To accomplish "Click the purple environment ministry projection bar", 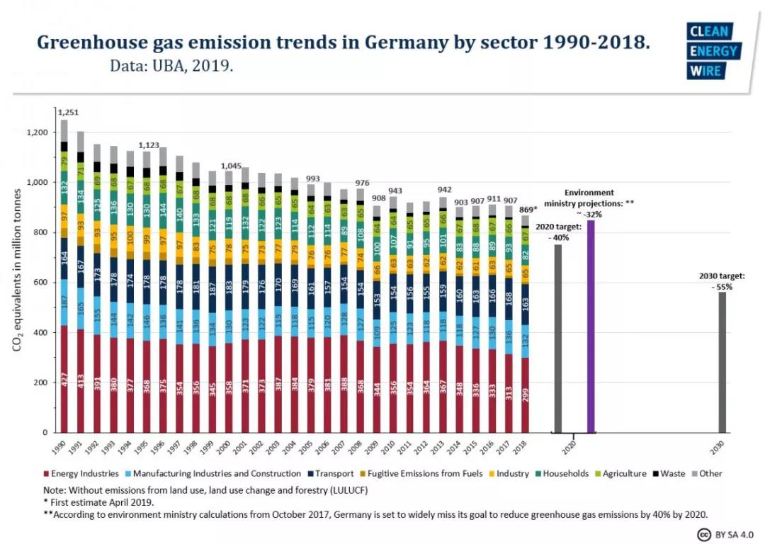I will click(591, 326).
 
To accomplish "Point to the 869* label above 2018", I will click(526, 210).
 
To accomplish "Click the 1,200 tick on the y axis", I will click(37, 133).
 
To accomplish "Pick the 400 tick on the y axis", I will click(42, 333).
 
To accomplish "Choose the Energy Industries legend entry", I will click(81, 473).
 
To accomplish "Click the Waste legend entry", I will click(668, 473).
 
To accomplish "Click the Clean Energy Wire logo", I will click(713, 51).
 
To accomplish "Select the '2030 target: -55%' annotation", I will click(721, 282).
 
